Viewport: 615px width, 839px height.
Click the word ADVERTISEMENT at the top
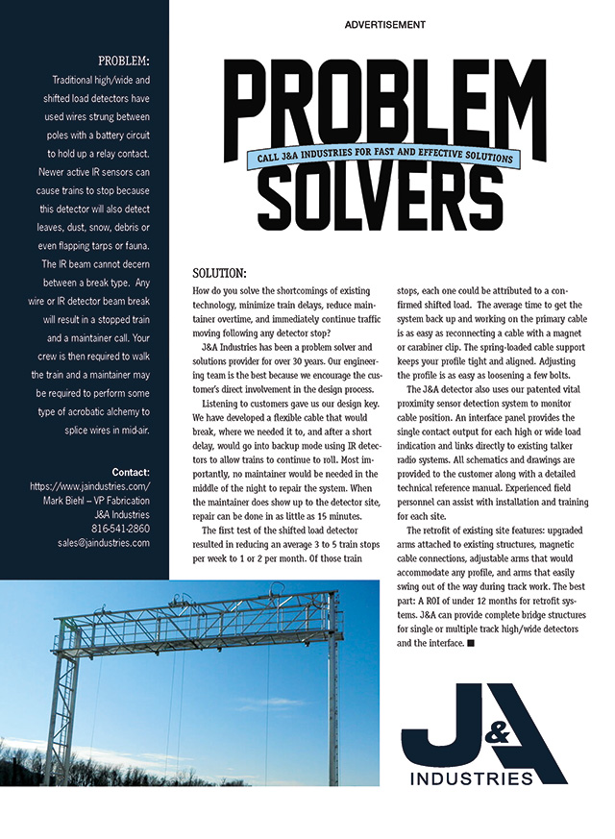coord(384,24)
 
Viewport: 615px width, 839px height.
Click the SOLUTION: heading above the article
coord(220,273)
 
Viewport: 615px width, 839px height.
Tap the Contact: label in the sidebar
coord(131,472)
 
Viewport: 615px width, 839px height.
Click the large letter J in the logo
coord(438,735)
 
